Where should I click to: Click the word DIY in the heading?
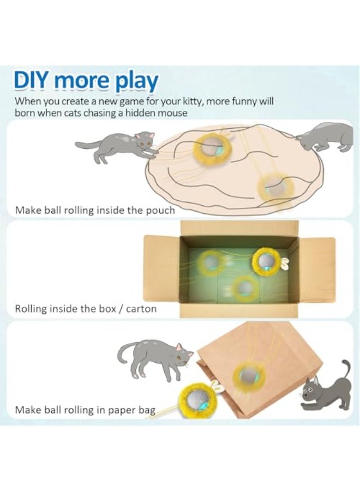(33, 81)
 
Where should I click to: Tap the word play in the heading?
(136, 82)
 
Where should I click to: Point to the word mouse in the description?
(174, 113)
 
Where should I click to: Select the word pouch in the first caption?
(161, 209)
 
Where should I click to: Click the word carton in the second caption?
(141, 309)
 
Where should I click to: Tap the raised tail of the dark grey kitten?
(346, 371)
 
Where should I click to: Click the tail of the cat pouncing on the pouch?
(87, 145)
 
